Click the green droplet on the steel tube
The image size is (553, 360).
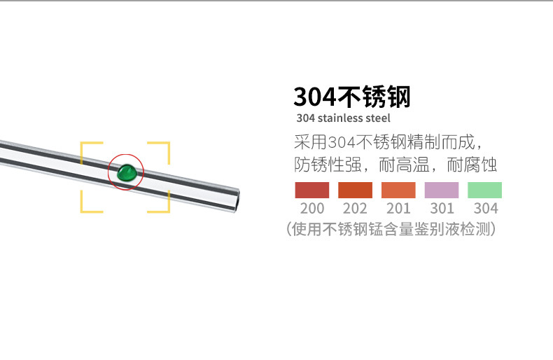point(127,173)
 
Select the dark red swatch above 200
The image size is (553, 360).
point(312,191)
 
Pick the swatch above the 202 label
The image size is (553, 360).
point(355,191)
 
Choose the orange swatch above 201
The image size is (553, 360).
point(398,191)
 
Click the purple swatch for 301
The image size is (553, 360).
point(442,191)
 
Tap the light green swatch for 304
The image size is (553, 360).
point(484,191)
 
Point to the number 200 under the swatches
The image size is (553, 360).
point(312,208)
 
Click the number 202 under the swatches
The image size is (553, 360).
point(355,208)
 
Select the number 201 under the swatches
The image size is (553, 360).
point(398,208)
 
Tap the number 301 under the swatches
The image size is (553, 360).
point(442,208)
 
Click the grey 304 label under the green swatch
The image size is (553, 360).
point(486,208)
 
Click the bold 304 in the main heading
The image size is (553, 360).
point(314,97)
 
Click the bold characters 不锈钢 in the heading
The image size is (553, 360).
point(374,97)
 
